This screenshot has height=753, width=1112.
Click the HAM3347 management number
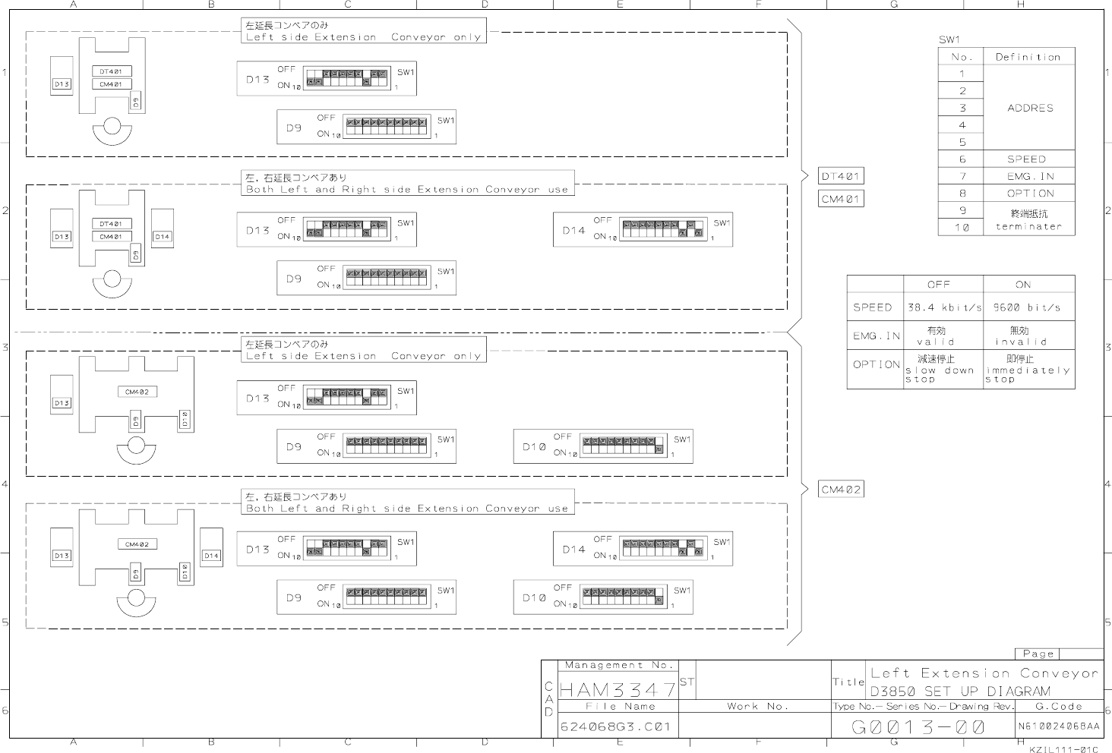click(617, 690)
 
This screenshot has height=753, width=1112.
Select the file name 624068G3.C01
click(615, 726)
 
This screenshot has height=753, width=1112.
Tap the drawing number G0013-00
click(918, 727)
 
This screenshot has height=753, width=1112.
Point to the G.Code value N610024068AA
click(1059, 726)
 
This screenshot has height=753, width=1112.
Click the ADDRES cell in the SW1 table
click(1030, 108)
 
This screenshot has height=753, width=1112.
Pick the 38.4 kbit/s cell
click(943, 307)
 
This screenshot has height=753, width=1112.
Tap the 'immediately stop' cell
click(1027, 369)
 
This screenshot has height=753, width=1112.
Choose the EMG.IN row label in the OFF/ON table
click(876, 336)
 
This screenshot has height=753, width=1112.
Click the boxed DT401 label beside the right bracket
click(841, 176)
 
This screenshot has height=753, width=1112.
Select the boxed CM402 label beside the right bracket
click(841, 490)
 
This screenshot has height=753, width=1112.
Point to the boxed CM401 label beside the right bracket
click(841, 199)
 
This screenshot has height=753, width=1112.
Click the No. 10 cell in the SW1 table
click(962, 227)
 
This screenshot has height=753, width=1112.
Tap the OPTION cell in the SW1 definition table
click(1030, 194)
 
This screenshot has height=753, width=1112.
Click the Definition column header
click(1028, 57)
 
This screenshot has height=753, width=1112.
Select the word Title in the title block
click(849, 682)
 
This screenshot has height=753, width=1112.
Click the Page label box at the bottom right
click(1038, 654)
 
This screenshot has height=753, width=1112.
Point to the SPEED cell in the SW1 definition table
click(1027, 159)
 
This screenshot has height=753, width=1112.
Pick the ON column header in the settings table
click(1023, 285)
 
